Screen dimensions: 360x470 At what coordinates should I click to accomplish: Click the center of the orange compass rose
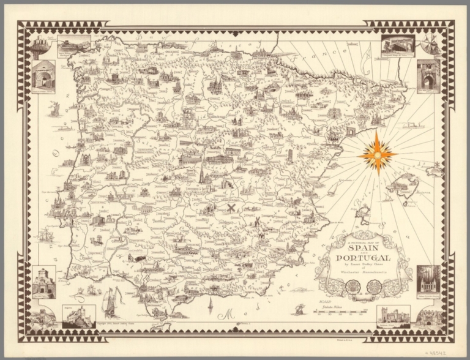(x=377, y=153)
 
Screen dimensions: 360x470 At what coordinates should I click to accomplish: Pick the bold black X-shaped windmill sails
(x=231, y=208)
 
